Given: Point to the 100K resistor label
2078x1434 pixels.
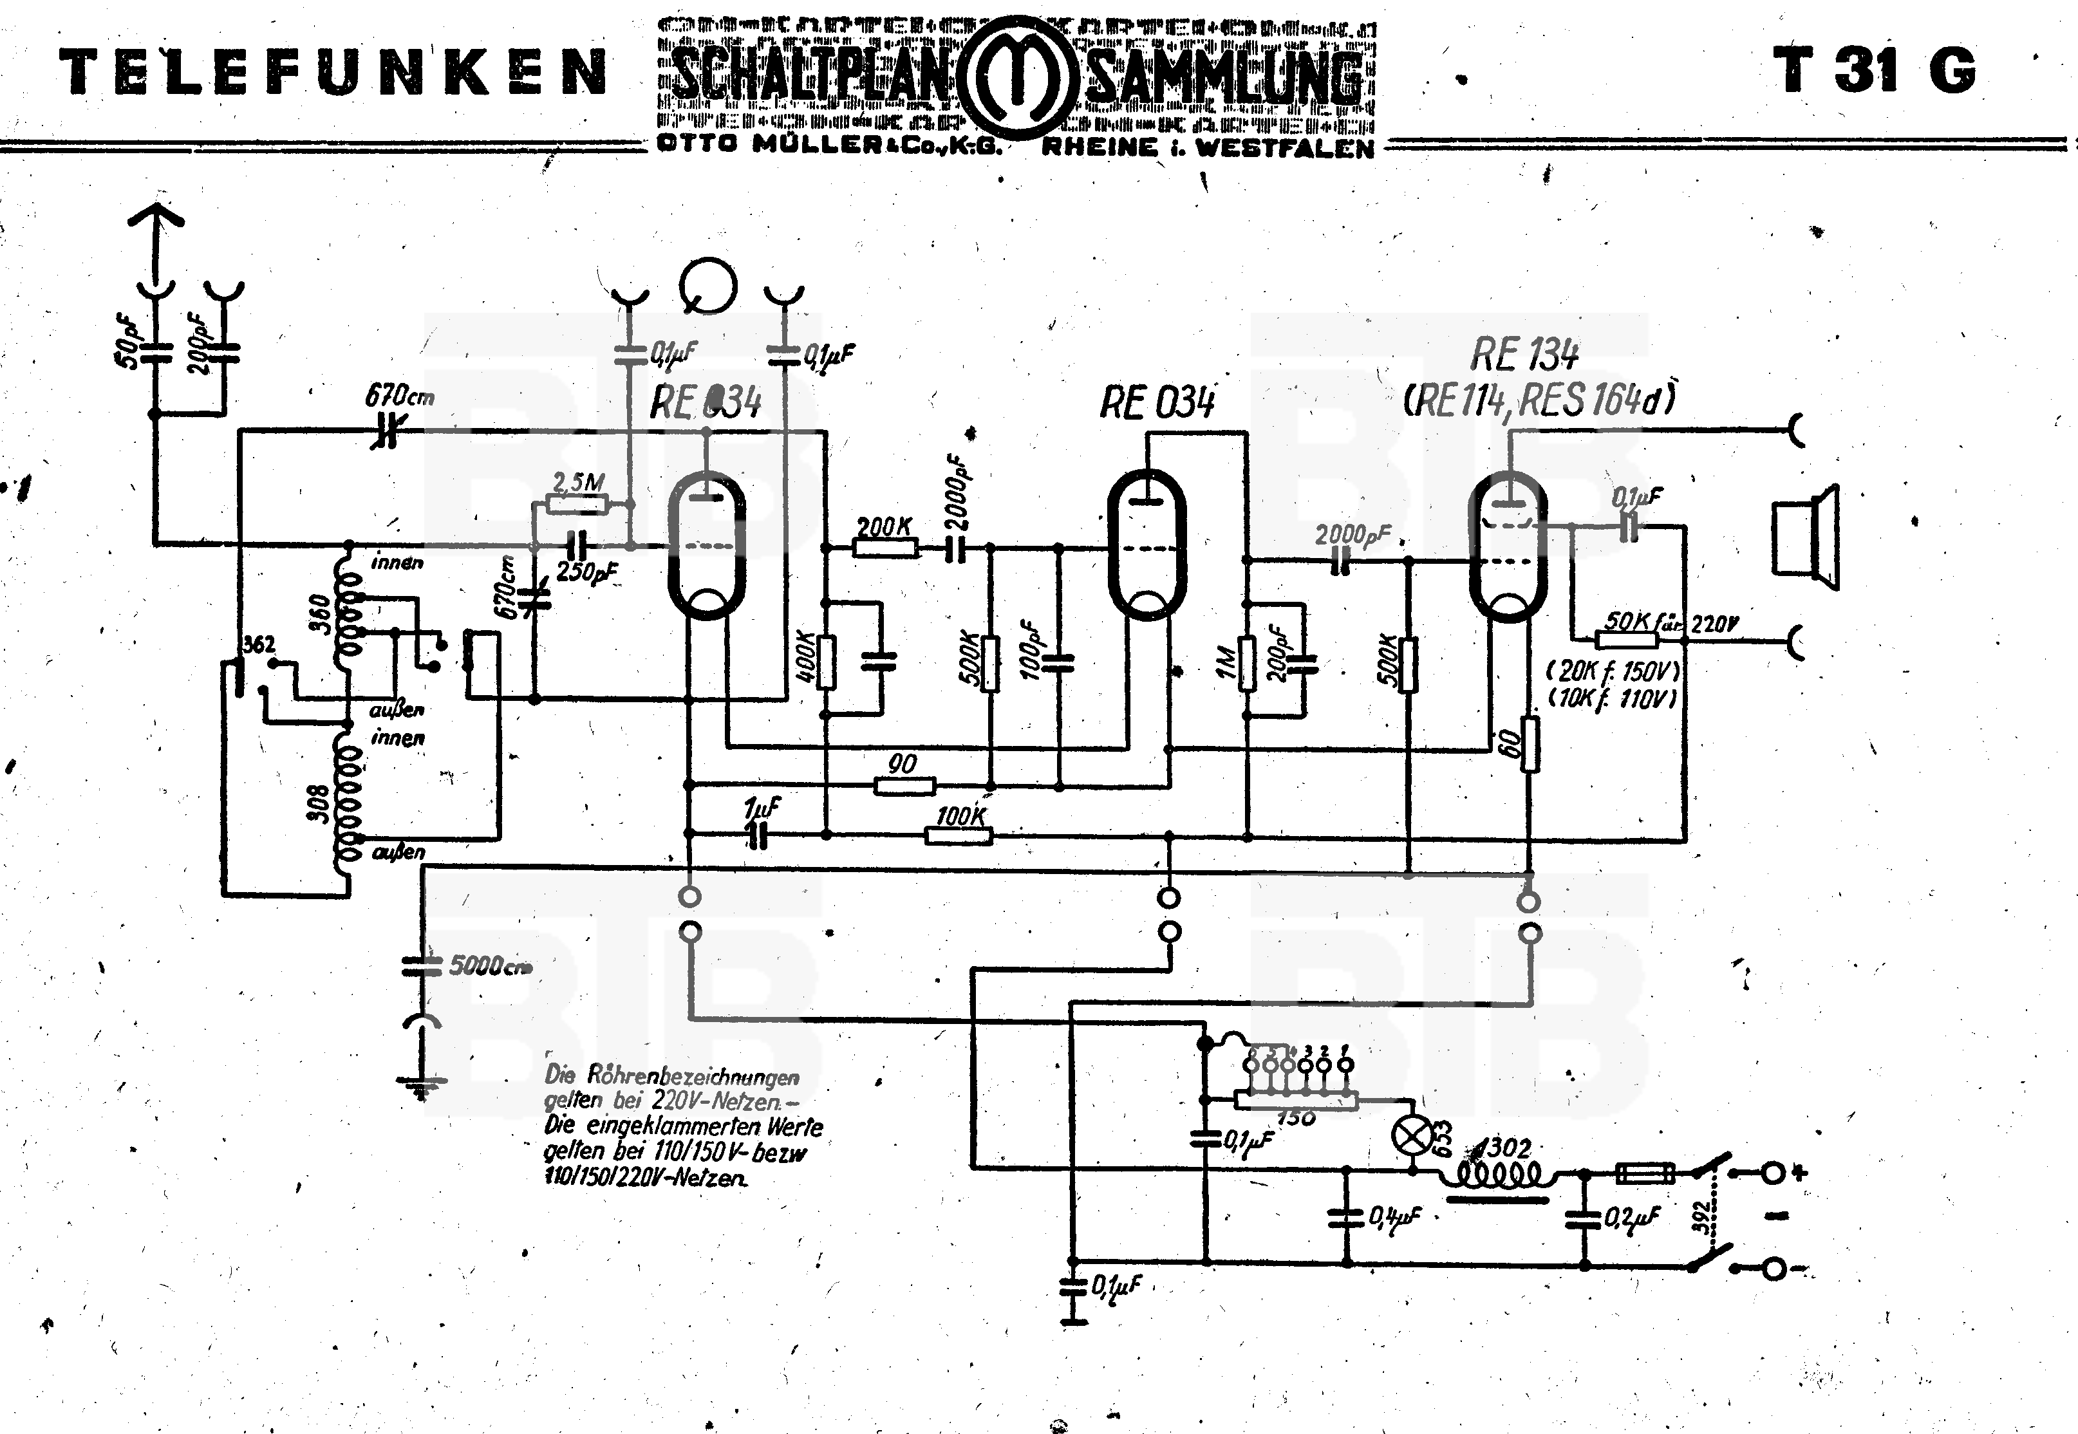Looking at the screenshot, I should (x=960, y=816).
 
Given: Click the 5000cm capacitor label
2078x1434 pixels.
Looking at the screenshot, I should (x=490, y=967).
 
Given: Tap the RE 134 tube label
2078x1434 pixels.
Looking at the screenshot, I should (x=1524, y=355).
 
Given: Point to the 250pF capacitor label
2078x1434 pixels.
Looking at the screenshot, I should (x=586, y=572).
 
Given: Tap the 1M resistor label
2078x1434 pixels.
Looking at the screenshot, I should (x=1226, y=662).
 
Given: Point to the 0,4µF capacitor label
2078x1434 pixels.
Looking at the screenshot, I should (x=1394, y=1218).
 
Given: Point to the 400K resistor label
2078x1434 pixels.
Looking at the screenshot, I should (x=805, y=658).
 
